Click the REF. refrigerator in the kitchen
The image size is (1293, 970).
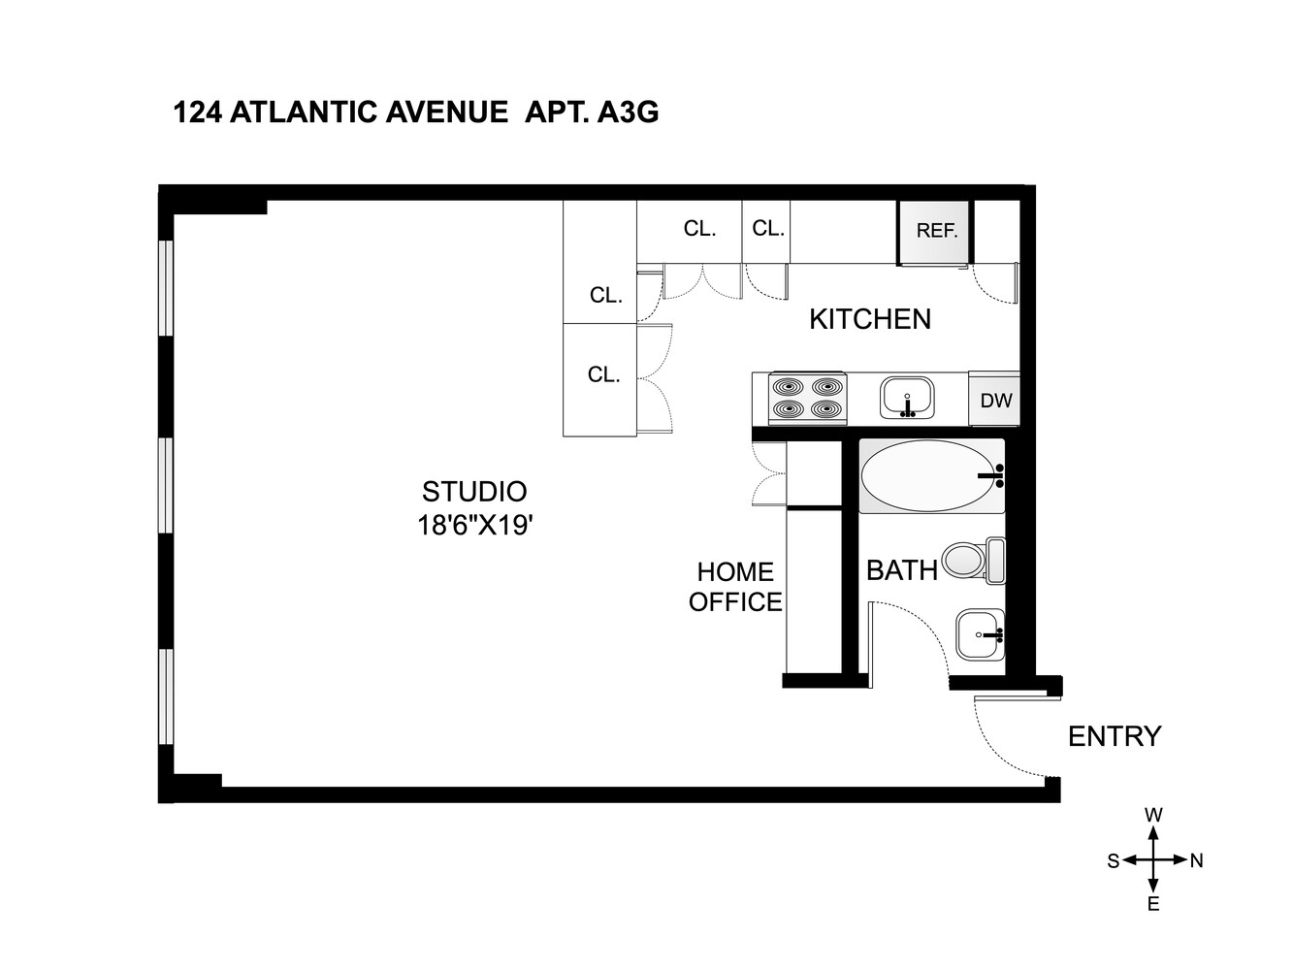[935, 232]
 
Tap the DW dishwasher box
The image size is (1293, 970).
[995, 400]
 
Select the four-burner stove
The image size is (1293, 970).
[809, 398]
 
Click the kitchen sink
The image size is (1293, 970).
[907, 398]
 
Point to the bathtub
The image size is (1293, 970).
[931, 476]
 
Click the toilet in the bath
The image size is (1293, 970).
[972, 560]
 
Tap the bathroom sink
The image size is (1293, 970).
[980, 636]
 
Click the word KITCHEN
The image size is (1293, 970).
[870, 319]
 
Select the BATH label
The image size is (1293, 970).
[901, 570]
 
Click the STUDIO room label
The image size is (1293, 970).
[474, 492]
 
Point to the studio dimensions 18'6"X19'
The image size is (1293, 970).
[475, 526]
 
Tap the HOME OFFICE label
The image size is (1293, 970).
[735, 587]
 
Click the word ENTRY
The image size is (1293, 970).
[1115, 736]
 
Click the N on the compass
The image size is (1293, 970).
[1196, 860]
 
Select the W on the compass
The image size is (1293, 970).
[1153, 816]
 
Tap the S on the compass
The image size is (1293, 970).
[1114, 860]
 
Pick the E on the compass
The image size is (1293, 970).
[1153, 904]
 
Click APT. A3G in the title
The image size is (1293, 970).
[592, 113]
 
